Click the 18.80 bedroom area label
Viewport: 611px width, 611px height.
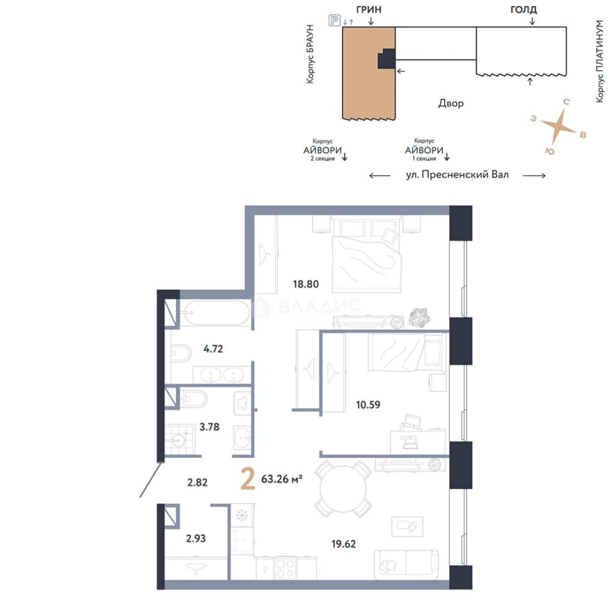coord(306,284)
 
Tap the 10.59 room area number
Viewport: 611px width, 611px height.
coord(368,405)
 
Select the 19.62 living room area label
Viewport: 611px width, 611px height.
coord(343,544)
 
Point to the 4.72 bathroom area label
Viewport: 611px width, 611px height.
coord(213,348)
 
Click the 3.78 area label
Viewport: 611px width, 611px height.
coord(209,427)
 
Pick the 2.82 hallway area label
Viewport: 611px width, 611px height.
coord(197,483)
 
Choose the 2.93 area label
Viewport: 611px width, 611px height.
coord(196,539)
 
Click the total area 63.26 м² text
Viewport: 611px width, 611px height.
coord(282,479)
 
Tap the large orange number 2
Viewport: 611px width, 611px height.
coord(248,479)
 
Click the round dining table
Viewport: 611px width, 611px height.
coord(343,489)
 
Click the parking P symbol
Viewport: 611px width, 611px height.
coord(334,20)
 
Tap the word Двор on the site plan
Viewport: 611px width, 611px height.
coord(451,104)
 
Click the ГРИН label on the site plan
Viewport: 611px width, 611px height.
coord(369,10)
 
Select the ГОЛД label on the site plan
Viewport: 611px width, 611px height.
coord(523,10)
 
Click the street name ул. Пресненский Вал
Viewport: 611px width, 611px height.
coord(457,175)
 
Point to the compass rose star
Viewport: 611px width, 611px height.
coord(558,126)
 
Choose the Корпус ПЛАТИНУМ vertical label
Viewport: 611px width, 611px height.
coord(600,62)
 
